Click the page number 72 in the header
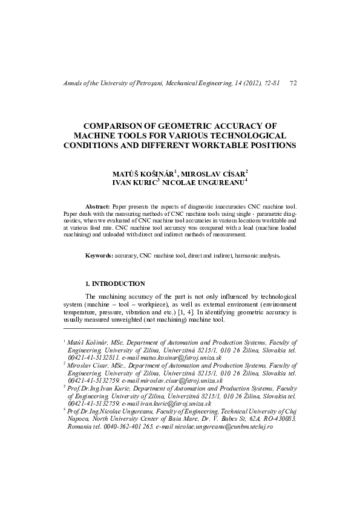pyautogui.click(x=293, y=82)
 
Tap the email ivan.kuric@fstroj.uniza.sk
pyautogui.click(x=166, y=403)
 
